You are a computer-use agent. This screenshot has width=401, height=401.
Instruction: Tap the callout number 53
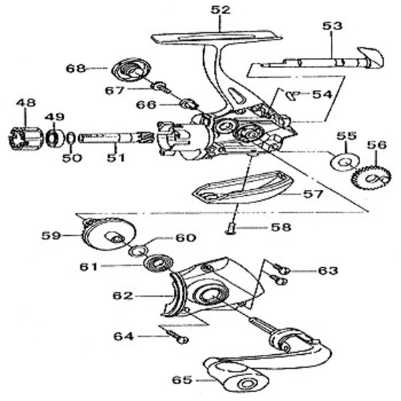pyautogui.click(x=332, y=26)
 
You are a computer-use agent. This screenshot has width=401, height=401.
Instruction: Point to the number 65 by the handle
pyautogui.click(x=182, y=380)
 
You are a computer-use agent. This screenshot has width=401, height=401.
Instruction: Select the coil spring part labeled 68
pyautogui.click(x=129, y=70)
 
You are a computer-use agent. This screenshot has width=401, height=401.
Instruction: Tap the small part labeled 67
pyautogui.click(x=160, y=88)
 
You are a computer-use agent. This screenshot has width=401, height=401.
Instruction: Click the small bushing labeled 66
pyautogui.click(x=188, y=104)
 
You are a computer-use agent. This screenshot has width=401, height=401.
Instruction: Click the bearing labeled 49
pyautogui.click(x=53, y=138)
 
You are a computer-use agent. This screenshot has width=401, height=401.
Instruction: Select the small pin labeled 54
pyautogui.click(x=291, y=95)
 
